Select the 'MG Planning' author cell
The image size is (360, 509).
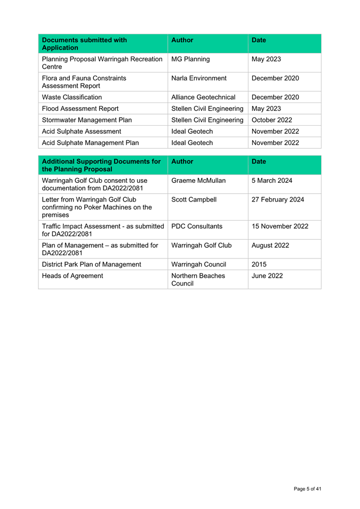(x=190, y=59)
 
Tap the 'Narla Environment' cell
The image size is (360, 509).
(x=199, y=78)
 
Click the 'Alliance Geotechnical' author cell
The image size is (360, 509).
(x=203, y=98)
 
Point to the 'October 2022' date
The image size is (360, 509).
(x=271, y=120)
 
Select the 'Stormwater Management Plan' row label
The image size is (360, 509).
(x=86, y=120)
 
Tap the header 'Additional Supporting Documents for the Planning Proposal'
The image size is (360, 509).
(x=101, y=165)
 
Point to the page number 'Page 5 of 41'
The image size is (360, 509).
(x=307, y=489)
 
